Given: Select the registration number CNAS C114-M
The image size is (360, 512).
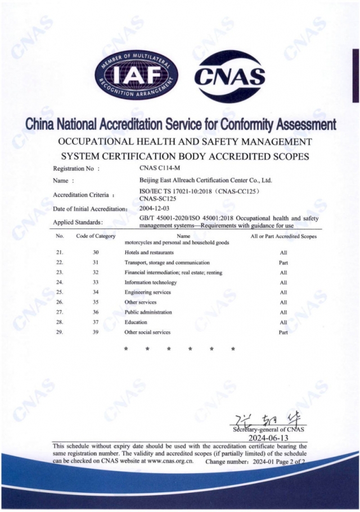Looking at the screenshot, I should click(x=162, y=168).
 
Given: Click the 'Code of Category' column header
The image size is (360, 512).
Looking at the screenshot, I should click(x=96, y=236).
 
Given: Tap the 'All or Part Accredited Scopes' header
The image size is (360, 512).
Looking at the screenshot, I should click(x=283, y=236).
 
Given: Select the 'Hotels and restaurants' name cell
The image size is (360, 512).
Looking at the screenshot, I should click(x=145, y=253).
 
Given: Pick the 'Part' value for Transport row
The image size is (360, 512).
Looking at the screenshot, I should click(x=283, y=263).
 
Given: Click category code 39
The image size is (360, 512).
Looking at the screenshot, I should click(x=96, y=332).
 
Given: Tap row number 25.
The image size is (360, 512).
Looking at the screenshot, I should click(x=60, y=293).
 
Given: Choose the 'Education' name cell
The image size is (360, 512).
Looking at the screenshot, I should click(x=136, y=322).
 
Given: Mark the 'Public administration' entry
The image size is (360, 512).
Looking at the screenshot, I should click(x=148, y=312).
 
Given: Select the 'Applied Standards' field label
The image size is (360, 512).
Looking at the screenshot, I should click(x=78, y=222).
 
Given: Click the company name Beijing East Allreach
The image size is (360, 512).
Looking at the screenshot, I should click(x=205, y=181).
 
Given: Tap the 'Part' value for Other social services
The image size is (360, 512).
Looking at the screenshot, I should click(x=283, y=333).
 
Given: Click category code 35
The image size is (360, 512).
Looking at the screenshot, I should click(x=96, y=302).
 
